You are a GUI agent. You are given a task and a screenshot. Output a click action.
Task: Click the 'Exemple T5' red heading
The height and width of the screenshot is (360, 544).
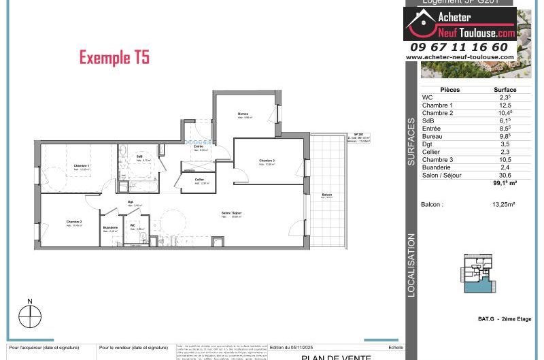click(114, 58)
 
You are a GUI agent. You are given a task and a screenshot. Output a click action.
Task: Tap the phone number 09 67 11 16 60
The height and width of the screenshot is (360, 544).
click(459, 47)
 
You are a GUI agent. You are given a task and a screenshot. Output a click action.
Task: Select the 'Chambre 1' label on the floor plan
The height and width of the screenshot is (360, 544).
click(82, 166)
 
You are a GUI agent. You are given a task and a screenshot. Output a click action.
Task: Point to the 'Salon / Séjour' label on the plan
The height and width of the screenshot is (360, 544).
click(231, 214)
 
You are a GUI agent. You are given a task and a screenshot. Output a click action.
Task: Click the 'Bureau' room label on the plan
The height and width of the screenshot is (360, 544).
click(243, 113)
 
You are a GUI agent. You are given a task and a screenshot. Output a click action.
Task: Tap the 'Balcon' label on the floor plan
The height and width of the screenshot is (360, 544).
click(327, 195)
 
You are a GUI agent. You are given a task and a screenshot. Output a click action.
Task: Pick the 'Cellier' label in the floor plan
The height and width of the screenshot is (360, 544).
click(199, 180)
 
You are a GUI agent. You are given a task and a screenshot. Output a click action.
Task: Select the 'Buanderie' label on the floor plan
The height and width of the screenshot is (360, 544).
click(111, 227)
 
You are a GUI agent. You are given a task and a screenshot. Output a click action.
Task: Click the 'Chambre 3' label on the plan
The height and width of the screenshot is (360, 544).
click(267, 161)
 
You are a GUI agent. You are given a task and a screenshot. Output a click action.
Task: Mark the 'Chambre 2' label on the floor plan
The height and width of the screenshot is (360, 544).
click(74, 222)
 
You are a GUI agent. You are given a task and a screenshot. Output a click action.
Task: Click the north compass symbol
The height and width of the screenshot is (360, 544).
click(30, 315)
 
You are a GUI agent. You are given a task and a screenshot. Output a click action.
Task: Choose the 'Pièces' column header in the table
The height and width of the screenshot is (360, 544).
click(449, 90)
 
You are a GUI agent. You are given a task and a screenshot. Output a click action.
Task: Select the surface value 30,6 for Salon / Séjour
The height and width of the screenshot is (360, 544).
click(505, 174)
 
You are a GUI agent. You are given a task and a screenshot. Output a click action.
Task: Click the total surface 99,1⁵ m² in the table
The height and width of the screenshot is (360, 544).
click(505, 182)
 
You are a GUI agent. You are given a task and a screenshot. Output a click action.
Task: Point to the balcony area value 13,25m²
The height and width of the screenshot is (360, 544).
click(504, 204)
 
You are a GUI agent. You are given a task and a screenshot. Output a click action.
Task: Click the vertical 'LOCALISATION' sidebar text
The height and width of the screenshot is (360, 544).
click(411, 265)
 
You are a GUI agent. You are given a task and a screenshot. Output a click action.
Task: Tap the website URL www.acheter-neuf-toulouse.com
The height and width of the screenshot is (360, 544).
click(460, 57)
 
